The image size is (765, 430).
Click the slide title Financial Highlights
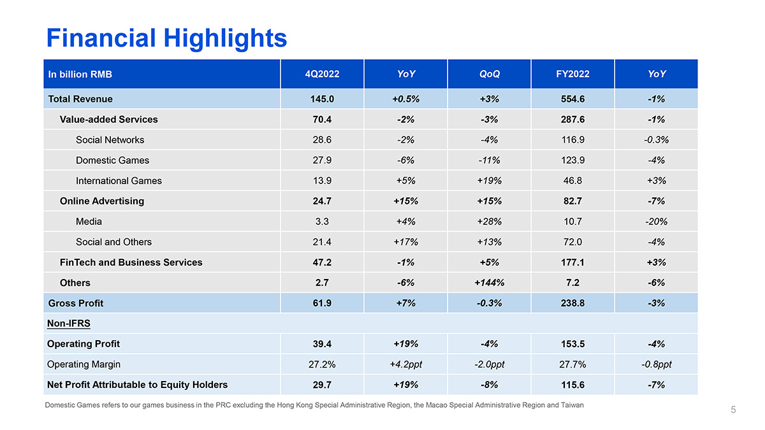pyautogui.click(x=166, y=38)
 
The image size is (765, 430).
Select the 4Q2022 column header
pyautogui.click(x=322, y=74)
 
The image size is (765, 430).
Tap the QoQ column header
pyautogui.click(x=489, y=74)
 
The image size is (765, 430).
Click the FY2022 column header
pyautogui.click(x=572, y=74)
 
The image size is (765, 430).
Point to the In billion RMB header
pyautogui.click(x=80, y=75)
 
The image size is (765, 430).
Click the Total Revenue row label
pyautogui.click(x=80, y=99)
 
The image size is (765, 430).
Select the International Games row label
pyautogui.click(x=119, y=180)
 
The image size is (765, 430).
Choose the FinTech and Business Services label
pyautogui.click(x=131, y=262)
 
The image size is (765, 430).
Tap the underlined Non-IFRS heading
pyautogui.click(x=69, y=324)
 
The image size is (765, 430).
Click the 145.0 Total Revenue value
pyautogui.click(x=322, y=99)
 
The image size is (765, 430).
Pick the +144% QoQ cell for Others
pyautogui.click(x=489, y=283)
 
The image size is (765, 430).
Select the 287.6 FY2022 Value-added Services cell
pyautogui.click(x=572, y=119)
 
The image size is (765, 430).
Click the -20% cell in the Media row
pyautogui.click(x=656, y=222)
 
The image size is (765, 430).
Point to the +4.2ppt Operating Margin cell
pyautogui.click(x=405, y=364)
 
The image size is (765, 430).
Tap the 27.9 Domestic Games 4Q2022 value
pyautogui.click(x=322, y=160)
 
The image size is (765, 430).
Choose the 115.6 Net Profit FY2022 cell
pyautogui.click(x=572, y=385)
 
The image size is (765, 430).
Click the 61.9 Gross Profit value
pyautogui.click(x=322, y=303)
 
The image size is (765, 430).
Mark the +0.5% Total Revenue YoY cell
pyautogui.click(x=405, y=99)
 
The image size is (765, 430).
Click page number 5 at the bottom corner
pyautogui.click(x=733, y=410)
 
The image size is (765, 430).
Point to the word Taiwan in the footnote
pyautogui.click(x=571, y=405)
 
